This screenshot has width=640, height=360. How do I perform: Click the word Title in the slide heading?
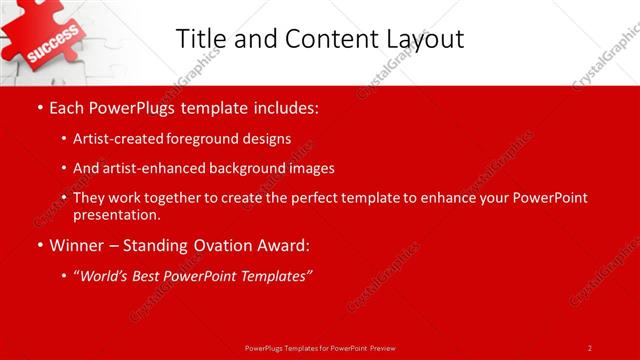200,39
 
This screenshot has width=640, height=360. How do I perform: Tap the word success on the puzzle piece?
47,48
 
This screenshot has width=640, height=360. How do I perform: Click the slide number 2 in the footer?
589,348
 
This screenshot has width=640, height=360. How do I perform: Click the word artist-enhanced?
149,168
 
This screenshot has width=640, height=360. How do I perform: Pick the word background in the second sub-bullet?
250,168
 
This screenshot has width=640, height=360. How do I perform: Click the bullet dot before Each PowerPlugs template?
39,107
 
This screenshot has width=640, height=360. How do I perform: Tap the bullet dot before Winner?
39,244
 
